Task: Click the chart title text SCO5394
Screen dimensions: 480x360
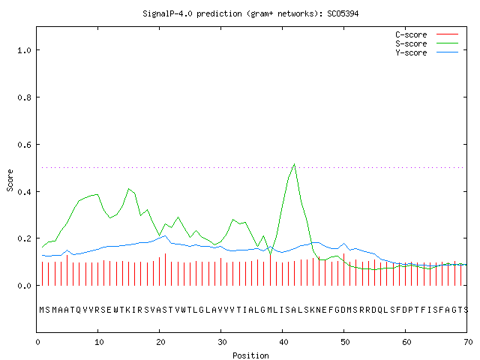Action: coord(343,13)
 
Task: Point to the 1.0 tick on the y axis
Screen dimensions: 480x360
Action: coord(24,50)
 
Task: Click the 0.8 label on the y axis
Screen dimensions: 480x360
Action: coord(24,97)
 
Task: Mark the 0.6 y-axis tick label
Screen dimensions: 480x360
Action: coord(24,145)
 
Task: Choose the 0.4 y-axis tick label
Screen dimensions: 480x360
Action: coord(24,192)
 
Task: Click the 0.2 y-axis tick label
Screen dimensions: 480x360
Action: coord(24,238)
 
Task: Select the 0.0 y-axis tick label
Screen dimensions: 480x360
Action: coord(24,286)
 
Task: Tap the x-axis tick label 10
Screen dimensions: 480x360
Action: coord(99,342)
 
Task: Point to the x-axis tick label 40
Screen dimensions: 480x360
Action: coord(283,342)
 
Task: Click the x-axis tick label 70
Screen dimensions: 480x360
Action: coord(468,342)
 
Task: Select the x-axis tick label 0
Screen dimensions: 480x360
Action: coord(37,342)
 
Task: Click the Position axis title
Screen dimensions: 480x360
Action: coord(250,355)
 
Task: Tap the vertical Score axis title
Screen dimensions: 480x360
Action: coord(10,181)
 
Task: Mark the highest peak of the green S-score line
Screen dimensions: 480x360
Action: coord(294,164)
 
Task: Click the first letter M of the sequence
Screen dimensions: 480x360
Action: coord(42,310)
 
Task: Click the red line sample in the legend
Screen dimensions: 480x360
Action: coord(447,34)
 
